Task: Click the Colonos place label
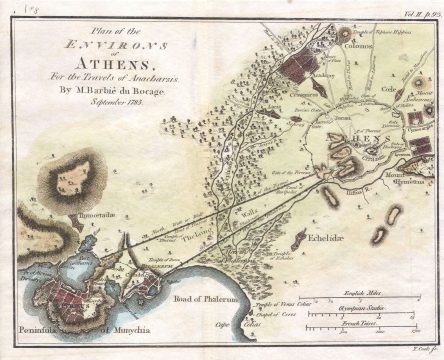[359, 45]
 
